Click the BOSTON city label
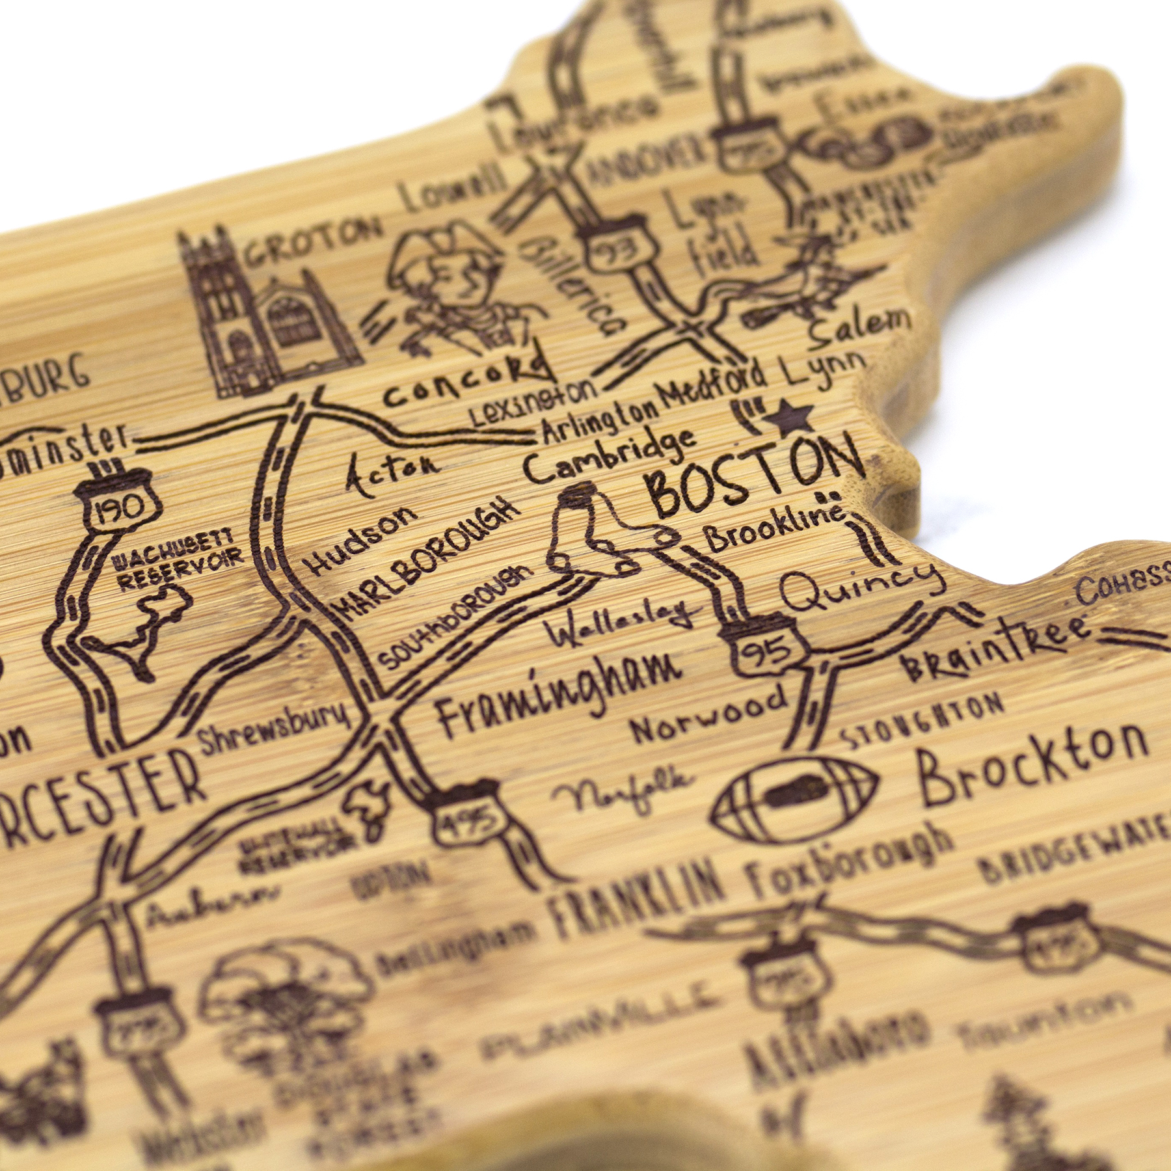[755, 474]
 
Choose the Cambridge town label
[608, 455]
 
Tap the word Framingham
[559, 692]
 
